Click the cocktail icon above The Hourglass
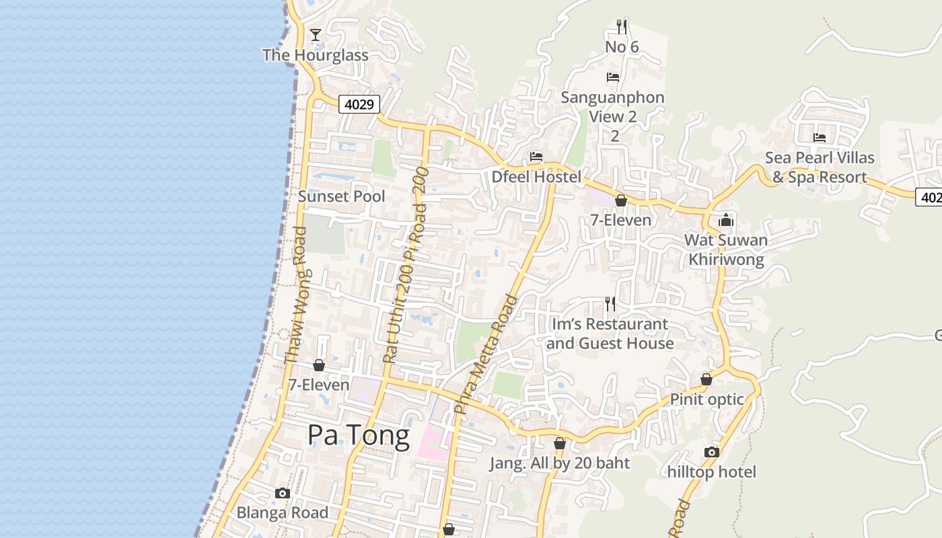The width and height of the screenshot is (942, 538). click(x=315, y=34)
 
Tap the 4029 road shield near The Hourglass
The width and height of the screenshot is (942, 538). click(x=359, y=104)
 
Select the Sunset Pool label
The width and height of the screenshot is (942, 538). click(x=342, y=196)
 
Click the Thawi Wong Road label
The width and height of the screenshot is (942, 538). click(x=296, y=296)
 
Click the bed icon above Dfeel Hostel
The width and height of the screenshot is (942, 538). click(x=536, y=157)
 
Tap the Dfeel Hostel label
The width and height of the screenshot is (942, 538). click(x=536, y=177)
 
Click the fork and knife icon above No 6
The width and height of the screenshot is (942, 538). click(x=622, y=27)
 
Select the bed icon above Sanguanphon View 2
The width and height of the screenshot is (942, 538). click(x=613, y=77)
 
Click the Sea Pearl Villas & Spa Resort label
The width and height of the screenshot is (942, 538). click(x=820, y=167)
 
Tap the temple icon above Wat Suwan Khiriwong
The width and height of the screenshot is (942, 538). click(x=726, y=220)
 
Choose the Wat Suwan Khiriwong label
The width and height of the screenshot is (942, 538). click(x=726, y=249)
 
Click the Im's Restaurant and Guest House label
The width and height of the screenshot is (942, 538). click(x=610, y=334)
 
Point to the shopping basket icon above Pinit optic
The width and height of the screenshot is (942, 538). click(x=706, y=379)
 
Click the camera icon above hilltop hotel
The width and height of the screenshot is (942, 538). click(x=712, y=452)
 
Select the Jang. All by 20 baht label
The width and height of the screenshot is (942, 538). click(x=560, y=463)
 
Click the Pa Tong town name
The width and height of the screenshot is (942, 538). click(x=359, y=436)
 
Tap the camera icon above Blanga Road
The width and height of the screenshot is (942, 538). click(x=283, y=493)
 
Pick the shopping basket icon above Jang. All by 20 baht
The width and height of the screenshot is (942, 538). click(x=560, y=443)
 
